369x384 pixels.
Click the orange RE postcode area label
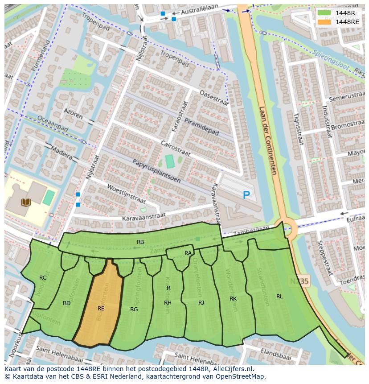tap(101, 308)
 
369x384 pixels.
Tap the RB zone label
tap(140, 242)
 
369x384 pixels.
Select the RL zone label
tap(279, 296)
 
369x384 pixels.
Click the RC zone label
tap(43, 277)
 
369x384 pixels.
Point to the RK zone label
tap(233, 298)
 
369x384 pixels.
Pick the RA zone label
tap(188, 253)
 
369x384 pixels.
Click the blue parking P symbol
tap(246, 195)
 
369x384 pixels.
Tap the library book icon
tap(26, 202)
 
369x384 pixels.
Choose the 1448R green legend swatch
tap(324, 13)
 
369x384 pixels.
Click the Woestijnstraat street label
tap(113, 197)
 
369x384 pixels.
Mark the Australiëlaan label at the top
tap(204, 10)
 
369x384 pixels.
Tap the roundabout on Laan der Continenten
tap(285, 228)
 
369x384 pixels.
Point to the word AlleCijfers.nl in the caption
tap(232, 369)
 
